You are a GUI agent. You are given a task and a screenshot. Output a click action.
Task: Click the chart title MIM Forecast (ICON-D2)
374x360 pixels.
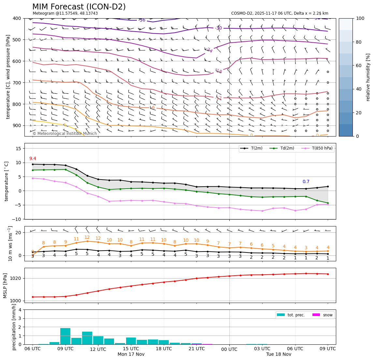[79, 7]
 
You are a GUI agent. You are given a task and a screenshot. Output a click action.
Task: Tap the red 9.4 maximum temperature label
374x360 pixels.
[33, 159]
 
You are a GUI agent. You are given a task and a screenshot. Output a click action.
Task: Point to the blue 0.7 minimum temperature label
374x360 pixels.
[306, 182]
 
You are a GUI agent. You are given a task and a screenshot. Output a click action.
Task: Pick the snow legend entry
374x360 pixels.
[327, 315]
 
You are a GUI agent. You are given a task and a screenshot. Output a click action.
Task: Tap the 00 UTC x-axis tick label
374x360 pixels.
[229, 349]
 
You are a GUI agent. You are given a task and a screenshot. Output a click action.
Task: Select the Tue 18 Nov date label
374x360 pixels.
[279, 354]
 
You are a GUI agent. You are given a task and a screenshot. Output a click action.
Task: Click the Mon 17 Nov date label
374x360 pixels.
[131, 354]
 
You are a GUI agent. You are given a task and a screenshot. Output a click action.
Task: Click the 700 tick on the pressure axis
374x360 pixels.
[17, 83]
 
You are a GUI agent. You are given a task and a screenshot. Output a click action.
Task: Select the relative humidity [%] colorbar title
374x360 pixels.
[368, 77]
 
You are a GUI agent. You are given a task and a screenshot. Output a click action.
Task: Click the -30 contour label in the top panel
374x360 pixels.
[218, 28]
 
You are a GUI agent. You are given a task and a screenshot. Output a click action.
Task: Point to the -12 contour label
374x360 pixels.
[218, 98]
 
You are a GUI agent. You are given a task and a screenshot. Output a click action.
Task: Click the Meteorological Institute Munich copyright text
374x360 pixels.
[65, 134]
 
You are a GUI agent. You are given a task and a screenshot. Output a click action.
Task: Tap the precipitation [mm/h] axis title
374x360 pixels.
[14, 327]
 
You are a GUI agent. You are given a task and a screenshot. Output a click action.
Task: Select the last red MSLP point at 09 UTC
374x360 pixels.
[328, 274]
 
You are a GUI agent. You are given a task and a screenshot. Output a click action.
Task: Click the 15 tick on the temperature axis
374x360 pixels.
[19, 149]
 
